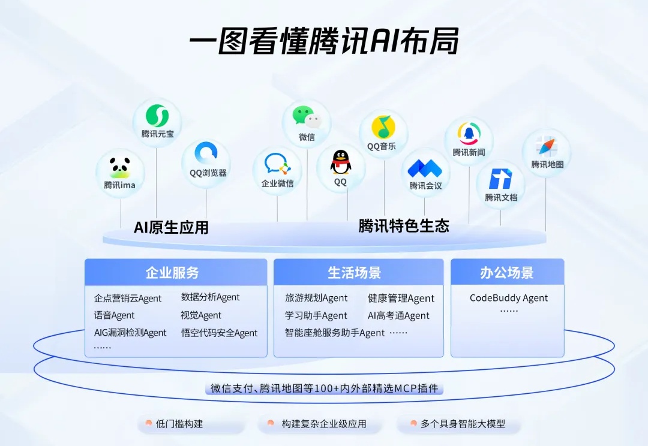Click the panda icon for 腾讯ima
[x=120, y=167]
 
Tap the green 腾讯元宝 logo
[x=157, y=116]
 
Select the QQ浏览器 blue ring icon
[x=206, y=153]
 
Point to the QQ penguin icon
[x=341, y=162]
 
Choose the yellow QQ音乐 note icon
[x=383, y=127]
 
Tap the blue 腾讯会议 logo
[x=425, y=168]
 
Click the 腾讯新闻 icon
[x=469, y=134]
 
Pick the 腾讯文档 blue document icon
[x=500, y=179]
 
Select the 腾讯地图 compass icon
[x=547, y=146]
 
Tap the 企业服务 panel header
[x=176, y=272]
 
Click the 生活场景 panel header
[x=358, y=272]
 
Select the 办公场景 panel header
[x=507, y=272]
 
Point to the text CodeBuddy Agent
[x=509, y=298]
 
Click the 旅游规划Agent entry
[x=316, y=298]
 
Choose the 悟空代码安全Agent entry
[x=219, y=333]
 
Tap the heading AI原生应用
[x=171, y=228]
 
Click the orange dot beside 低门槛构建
[x=149, y=423]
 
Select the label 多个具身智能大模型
[x=463, y=424]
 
